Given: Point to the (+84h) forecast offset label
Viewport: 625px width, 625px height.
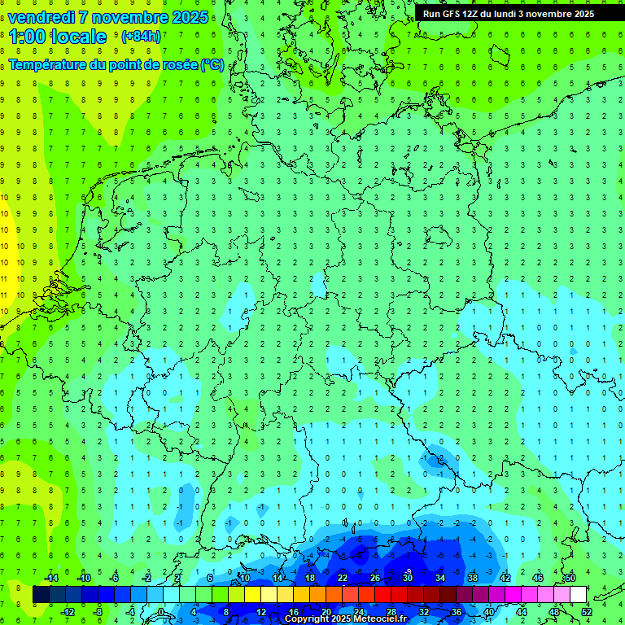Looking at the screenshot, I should pos(141,37).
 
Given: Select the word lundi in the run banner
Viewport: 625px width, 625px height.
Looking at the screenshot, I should pos(518,13).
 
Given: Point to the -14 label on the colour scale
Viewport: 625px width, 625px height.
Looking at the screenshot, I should pos(51,578).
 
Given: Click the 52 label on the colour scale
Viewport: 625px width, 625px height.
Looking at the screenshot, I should pos(587,612).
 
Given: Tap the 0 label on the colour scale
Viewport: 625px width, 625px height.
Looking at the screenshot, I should pos(161,612).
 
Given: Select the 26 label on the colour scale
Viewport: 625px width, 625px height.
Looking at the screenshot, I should pos(375,578).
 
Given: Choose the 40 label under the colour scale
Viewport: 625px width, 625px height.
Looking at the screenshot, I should pos(488,612).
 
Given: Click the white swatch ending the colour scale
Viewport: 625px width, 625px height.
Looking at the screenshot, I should pos(578,595).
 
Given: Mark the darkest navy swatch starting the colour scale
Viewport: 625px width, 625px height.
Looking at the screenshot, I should pos(41,595).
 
